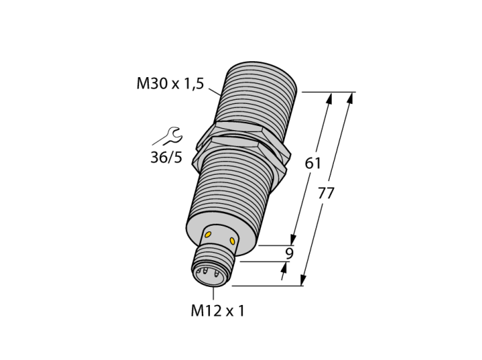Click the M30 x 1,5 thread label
click(x=170, y=83)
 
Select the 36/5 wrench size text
click(x=167, y=157)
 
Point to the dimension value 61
click(x=313, y=163)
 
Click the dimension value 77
click(x=326, y=193)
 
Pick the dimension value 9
click(x=289, y=253)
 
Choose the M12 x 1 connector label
click(x=218, y=310)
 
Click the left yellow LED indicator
click(x=208, y=235)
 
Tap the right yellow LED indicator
click(x=232, y=241)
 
